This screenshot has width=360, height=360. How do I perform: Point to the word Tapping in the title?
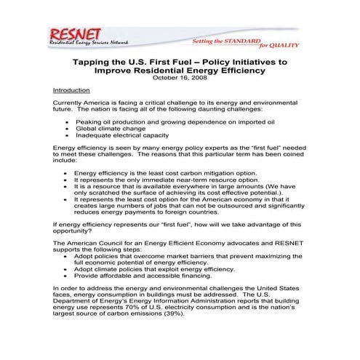pyautogui.click(x=95, y=63)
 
